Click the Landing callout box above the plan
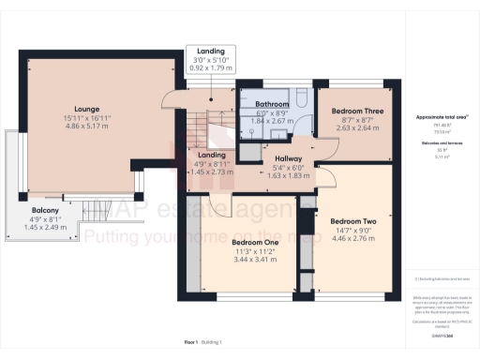pos(209,59)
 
